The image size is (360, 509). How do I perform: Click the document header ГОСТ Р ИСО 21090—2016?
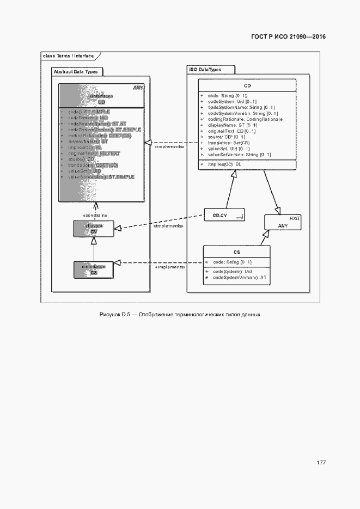tap(288, 38)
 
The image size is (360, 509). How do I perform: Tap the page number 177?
tap(321, 463)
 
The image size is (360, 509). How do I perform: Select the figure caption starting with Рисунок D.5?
tap(180, 315)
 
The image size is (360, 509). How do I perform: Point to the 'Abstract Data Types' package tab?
tap(76, 71)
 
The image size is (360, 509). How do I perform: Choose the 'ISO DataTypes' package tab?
tap(210, 70)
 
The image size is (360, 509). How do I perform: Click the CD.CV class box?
tap(224, 216)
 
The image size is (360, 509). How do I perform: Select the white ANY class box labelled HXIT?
tap(283, 222)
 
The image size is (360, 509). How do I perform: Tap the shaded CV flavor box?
tap(94, 229)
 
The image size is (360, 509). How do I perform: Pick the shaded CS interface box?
tap(94, 269)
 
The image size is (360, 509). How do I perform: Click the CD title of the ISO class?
tap(247, 86)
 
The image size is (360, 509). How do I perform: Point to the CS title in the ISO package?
tap(236, 252)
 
